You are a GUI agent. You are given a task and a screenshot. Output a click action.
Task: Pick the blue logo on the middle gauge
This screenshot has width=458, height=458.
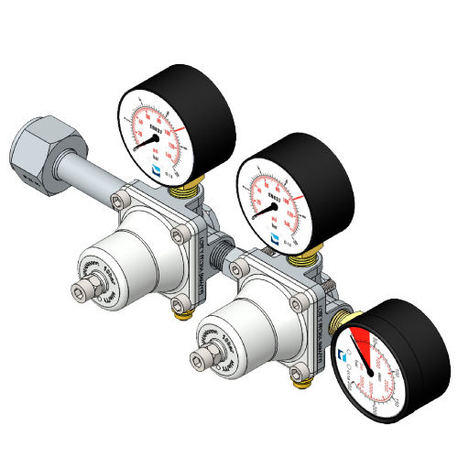click(275, 236)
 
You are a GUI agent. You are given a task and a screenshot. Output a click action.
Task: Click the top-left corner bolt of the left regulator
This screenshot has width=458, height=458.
click(118, 199)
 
